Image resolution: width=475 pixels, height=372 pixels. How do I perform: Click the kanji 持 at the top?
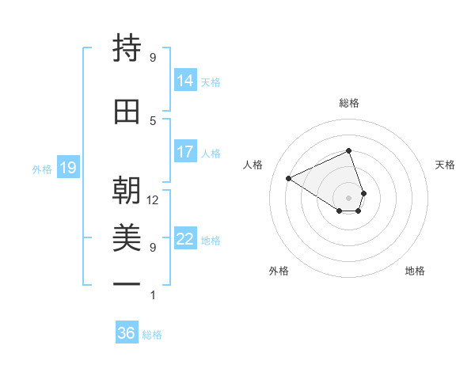127,49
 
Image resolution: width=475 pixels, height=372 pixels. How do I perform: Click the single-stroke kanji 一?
127,284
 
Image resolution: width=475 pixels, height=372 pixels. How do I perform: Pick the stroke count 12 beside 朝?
153,200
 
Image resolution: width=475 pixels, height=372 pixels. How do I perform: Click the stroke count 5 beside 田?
153,120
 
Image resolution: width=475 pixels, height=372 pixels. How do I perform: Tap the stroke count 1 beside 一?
153,295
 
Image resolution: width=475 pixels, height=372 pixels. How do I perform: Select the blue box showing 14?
184,81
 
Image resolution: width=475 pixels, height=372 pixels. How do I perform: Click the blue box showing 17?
184,152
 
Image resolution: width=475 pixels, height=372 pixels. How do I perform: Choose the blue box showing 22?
184,239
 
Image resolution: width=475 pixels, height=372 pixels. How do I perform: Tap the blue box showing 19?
67,168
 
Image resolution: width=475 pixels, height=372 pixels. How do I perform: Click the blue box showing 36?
126,334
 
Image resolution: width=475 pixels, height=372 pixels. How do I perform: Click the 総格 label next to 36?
152,335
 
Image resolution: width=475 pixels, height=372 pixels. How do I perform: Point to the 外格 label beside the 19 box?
42,169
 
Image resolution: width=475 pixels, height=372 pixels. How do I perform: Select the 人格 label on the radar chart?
253,165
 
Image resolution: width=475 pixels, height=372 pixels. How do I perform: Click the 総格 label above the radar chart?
349,103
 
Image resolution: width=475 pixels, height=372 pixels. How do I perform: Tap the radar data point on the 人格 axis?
289,178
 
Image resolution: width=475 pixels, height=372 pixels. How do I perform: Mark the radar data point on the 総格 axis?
349,150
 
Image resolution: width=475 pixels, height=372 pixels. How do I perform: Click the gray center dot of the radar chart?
349,197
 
